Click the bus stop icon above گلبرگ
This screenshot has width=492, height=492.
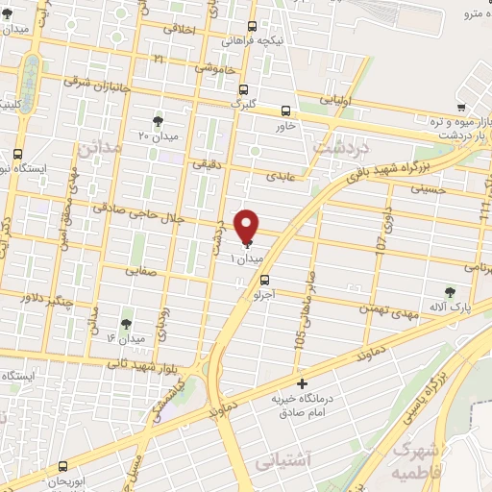click(x=241, y=87)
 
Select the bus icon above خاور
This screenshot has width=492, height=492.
click(x=285, y=111)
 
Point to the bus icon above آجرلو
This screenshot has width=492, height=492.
click(x=265, y=281)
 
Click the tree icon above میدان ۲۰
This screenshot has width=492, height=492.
click(x=158, y=121)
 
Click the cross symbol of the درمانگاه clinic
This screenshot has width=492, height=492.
click(x=303, y=383)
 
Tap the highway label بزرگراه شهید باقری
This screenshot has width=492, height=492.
click(x=379, y=164)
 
